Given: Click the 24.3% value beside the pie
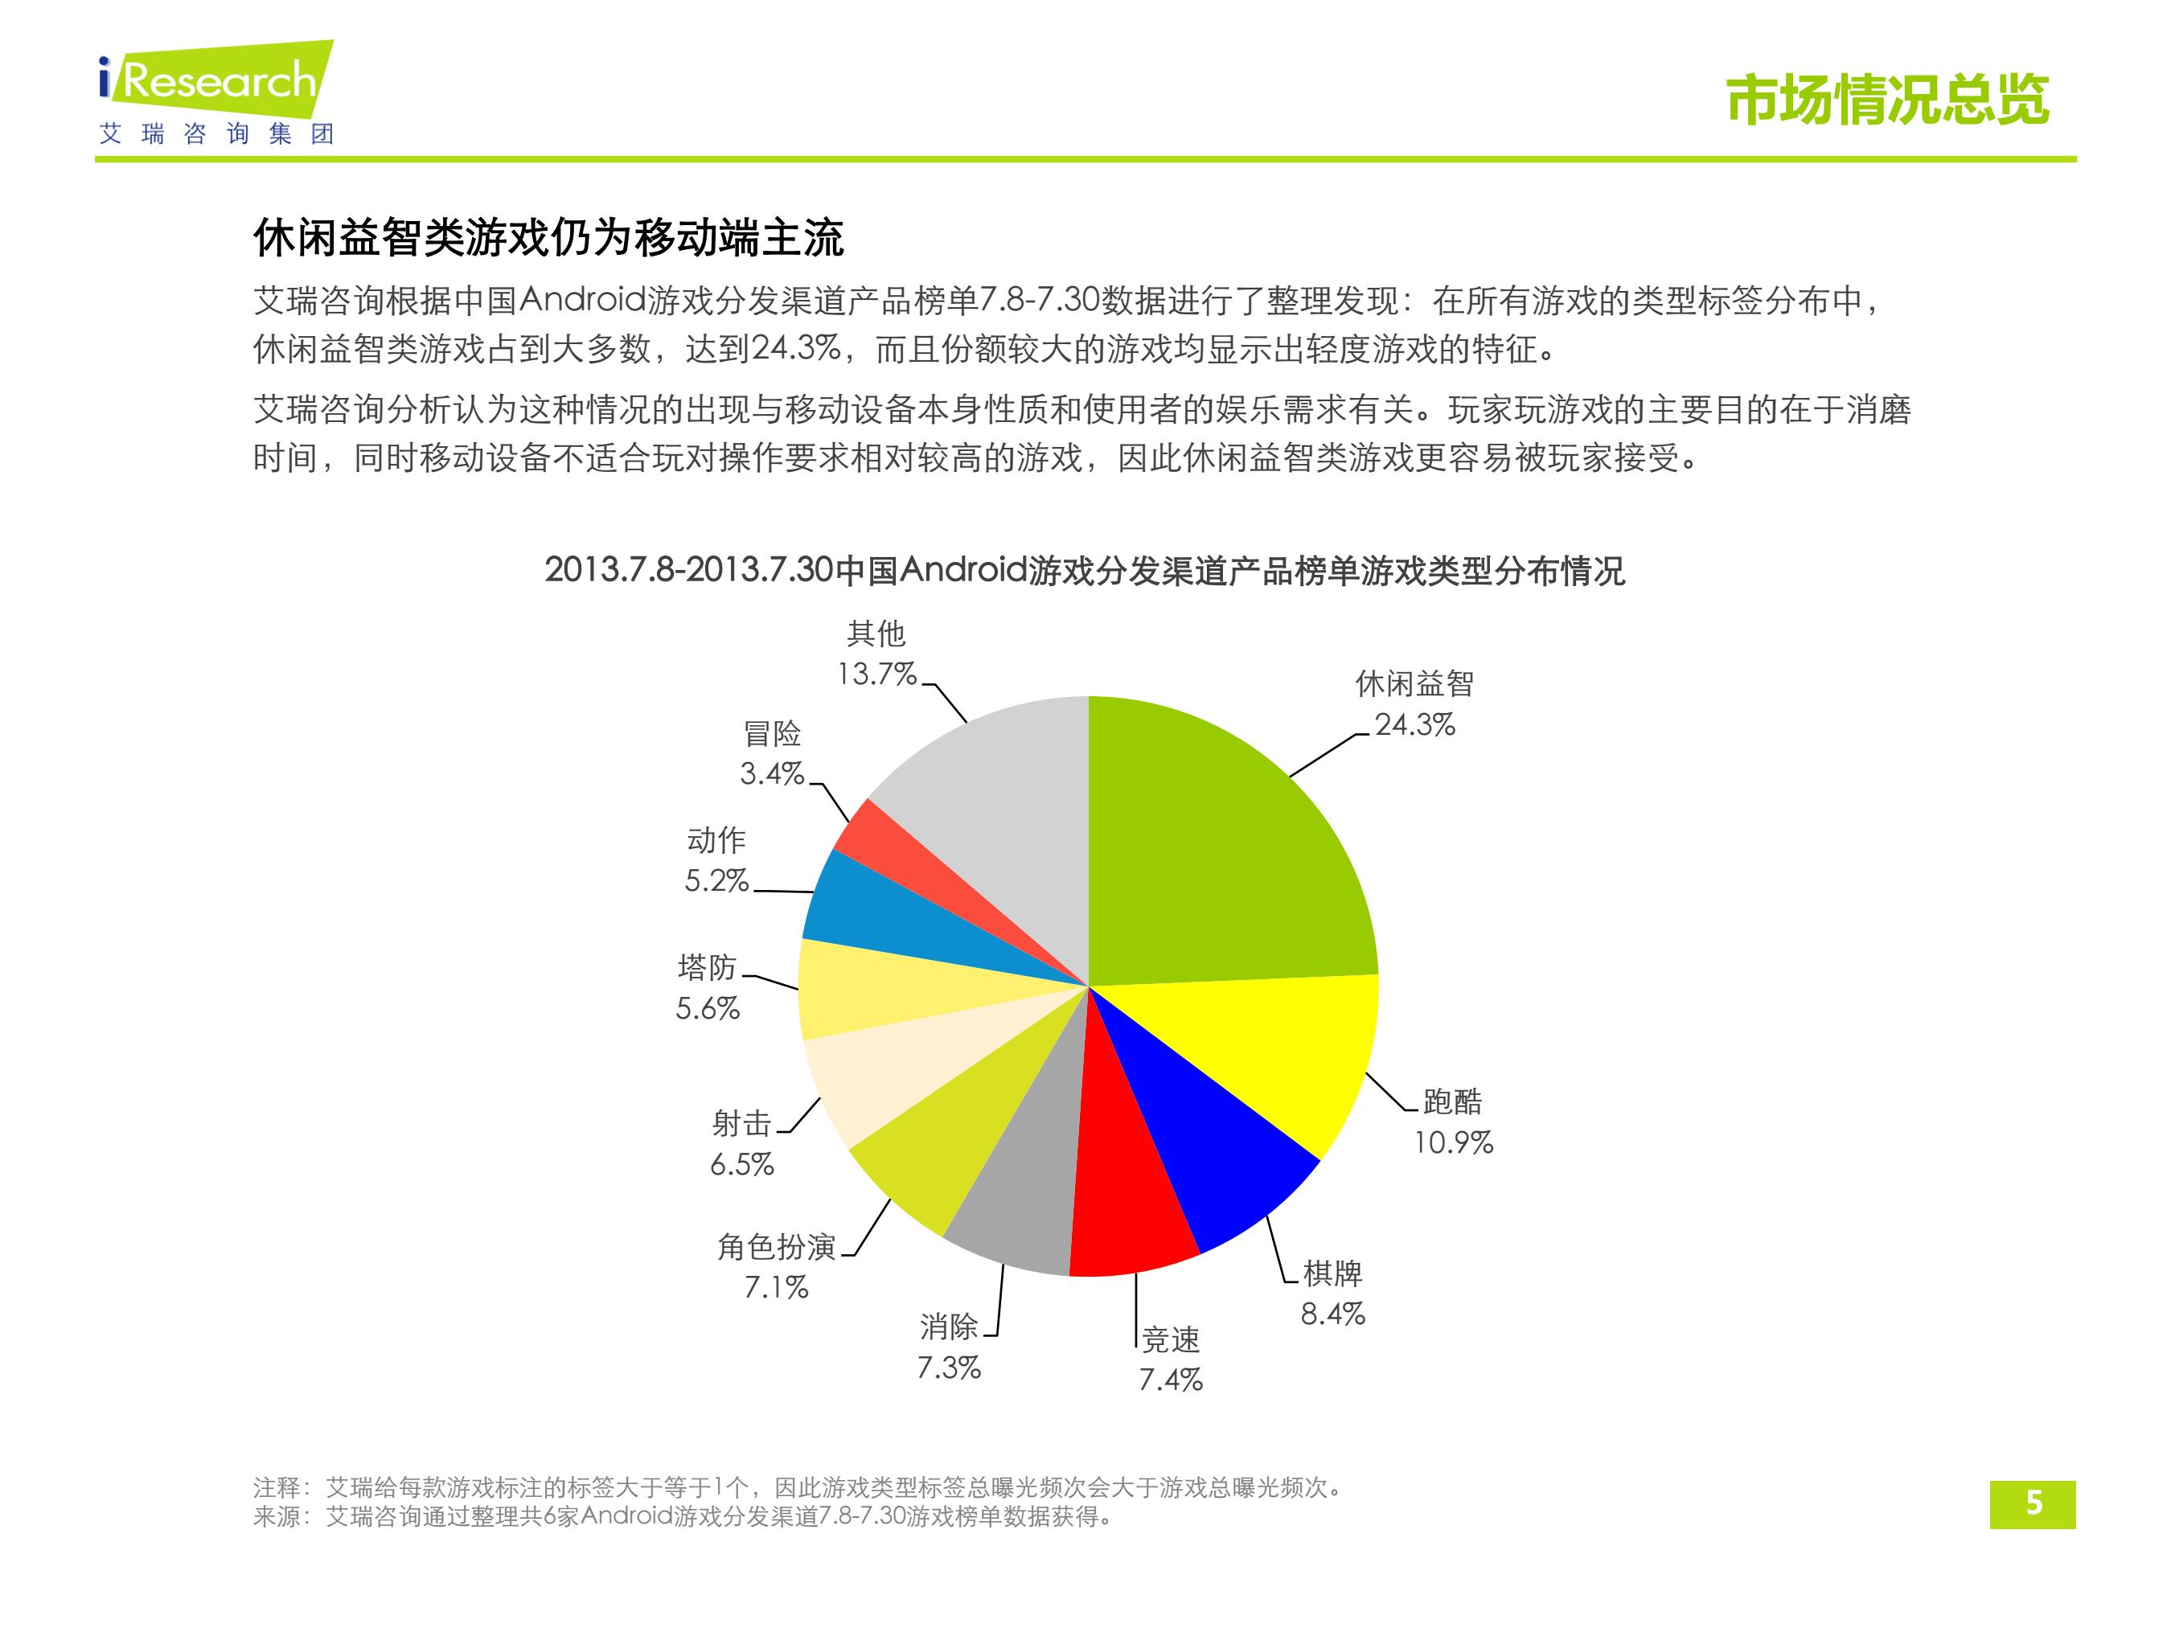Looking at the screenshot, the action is (x=1414, y=725).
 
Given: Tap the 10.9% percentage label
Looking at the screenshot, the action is (x=1453, y=1142).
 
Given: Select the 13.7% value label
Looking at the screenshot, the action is (x=876, y=675).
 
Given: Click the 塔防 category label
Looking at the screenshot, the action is (x=707, y=968).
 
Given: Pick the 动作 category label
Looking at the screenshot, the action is (x=716, y=840).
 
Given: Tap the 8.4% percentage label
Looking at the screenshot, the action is (x=1333, y=1314).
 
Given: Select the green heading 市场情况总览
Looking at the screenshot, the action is (x=1887, y=99).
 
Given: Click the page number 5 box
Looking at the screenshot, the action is (x=2033, y=1504).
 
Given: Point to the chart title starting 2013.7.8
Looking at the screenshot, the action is (x=1085, y=570).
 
